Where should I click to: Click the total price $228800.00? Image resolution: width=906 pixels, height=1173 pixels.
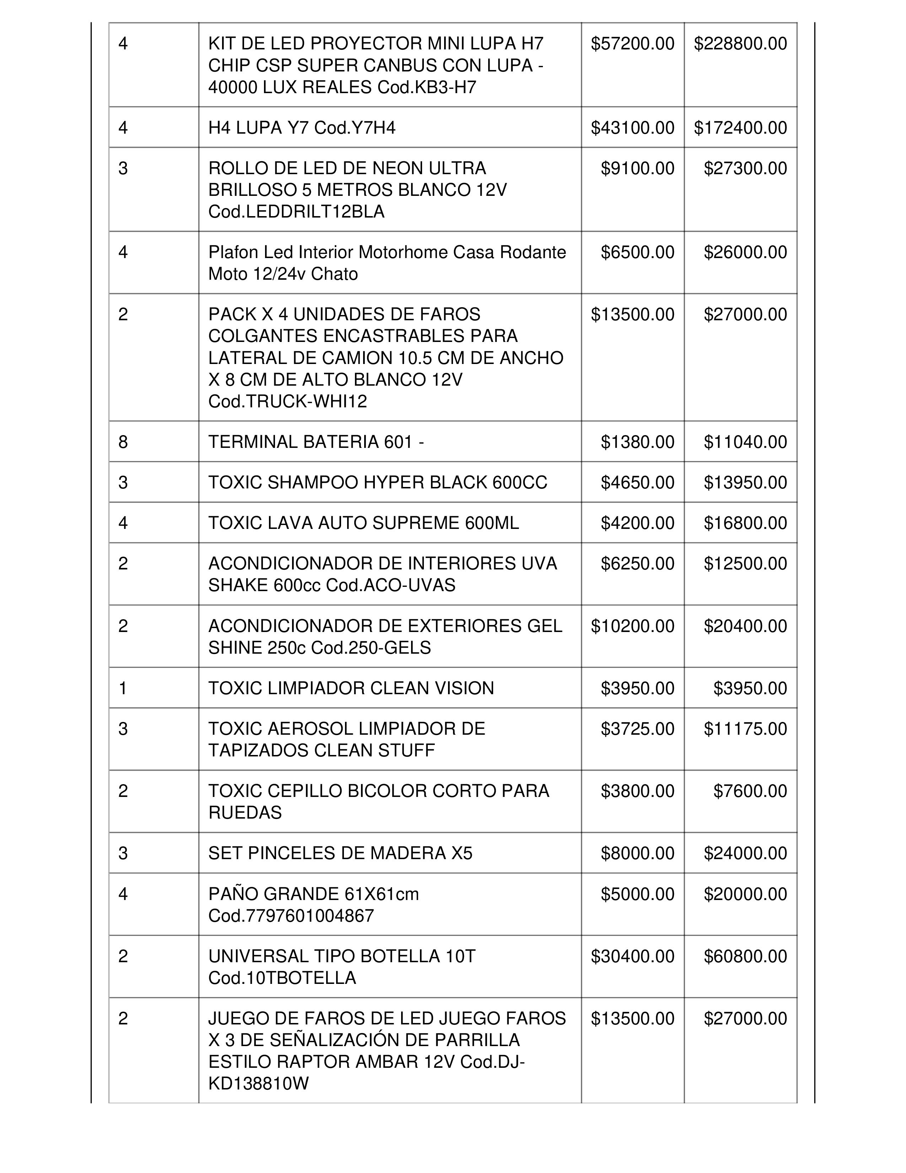coord(740,43)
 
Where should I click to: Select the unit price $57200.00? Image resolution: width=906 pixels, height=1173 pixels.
coord(632,43)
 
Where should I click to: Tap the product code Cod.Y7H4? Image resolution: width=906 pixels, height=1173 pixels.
coord(355,128)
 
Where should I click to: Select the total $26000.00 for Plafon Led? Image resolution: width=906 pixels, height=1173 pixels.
coord(745,252)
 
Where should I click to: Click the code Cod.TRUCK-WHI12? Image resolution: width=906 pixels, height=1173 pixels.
coord(288,402)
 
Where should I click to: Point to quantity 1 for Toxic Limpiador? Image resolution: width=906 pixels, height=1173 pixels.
coord(123,689)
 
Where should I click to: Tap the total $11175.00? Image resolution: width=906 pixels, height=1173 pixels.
coord(745,729)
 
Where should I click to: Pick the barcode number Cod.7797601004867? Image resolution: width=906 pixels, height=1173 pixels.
coord(291,916)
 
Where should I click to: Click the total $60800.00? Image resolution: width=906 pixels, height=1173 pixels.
coord(745,957)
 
